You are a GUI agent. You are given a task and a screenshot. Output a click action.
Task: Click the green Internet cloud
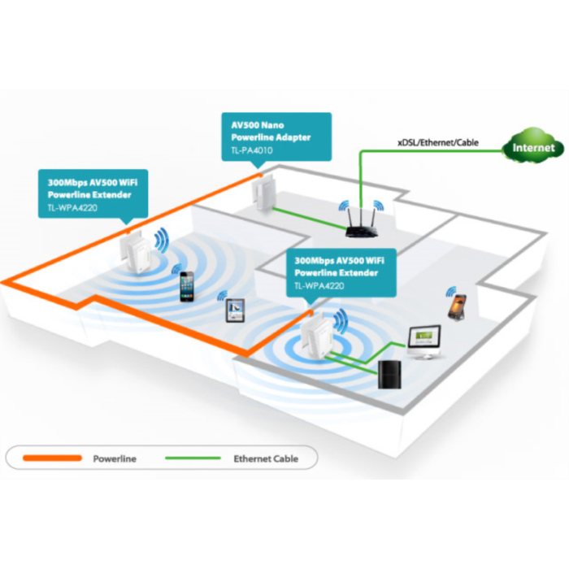(x=533, y=147)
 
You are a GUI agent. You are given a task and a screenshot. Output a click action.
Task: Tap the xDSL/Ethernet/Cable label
(x=438, y=142)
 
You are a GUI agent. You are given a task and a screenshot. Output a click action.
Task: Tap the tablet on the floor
(x=235, y=309)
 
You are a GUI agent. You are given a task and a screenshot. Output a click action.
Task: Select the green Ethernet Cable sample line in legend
(x=193, y=458)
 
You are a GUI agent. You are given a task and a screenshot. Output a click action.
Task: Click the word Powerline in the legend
(x=115, y=459)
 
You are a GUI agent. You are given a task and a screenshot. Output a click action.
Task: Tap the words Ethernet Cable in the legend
(x=266, y=459)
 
